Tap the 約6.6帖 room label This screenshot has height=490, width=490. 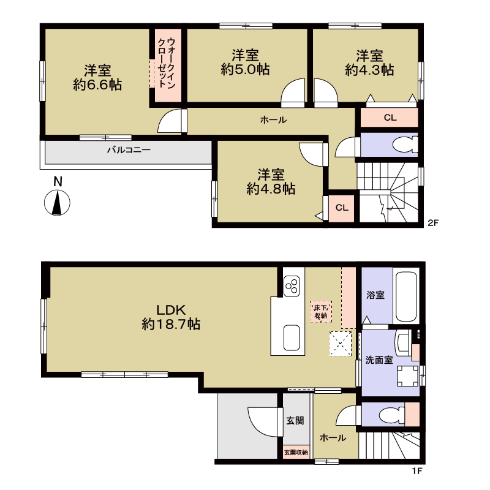tap(97, 85)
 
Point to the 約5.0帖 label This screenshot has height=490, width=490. tap(245, 69)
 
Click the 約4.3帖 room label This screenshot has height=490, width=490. tap(369, 69)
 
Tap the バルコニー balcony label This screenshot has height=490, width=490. tap(129, 150)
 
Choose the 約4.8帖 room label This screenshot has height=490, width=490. tap(271, 189)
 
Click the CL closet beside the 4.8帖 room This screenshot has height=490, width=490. tap(341, 208)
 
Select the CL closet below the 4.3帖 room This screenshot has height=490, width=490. tap(390, 118)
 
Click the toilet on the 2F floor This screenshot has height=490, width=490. tap(405, 145)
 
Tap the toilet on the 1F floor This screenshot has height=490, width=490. tap(393, 415)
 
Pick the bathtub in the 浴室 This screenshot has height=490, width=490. tap(406, 297)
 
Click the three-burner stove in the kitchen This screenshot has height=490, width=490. tap(292, 285)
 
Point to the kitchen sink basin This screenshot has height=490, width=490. tap(292, 337)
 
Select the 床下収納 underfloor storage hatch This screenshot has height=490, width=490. tap(320, 311)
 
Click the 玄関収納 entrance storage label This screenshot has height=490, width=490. tap(296, 452)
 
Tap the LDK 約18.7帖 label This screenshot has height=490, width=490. tap(171, 317)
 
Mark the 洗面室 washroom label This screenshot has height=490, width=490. tap(379, 360)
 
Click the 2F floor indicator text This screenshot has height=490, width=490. tap(433, 223)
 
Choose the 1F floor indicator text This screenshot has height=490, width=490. tap(417, 470)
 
